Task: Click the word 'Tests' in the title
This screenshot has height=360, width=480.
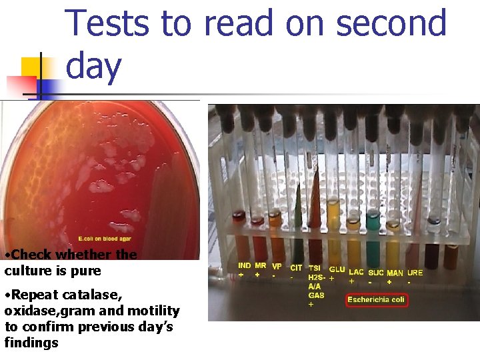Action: coord(107,23)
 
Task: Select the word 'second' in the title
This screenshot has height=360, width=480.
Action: coord(391,23)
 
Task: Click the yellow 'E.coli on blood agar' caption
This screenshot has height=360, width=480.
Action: coord(105,239)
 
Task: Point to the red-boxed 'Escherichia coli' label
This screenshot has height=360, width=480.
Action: coord(377,300)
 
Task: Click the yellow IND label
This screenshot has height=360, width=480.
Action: coord(245,266)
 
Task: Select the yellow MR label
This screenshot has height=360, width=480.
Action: coord(260,266)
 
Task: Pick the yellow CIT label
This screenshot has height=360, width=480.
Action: coord(295,268)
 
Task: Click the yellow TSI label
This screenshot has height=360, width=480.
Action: coord(315,269)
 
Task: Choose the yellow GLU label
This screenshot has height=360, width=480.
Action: coord(337,269)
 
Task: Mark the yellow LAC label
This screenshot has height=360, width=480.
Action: coord(356,272)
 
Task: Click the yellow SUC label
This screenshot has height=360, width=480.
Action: coord(376,273)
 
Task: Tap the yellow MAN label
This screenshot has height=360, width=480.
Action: coord(395,273)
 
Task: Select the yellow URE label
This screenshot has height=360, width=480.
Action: coord(415,273)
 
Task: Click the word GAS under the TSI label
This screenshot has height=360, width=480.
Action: coord(316,295)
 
